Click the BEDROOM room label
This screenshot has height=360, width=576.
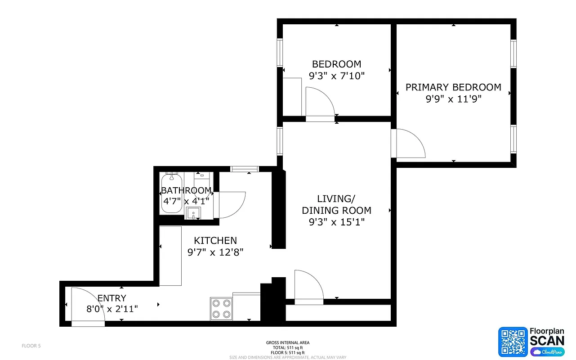coord(336,64)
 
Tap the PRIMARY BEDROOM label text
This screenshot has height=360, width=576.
coord(453,87)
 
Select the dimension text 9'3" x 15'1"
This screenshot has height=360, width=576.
coord(336,222)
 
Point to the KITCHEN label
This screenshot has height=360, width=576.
coord(215,241)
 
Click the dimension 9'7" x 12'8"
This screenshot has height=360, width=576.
coord(215,252)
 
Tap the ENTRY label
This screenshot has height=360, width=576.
coord(112,298)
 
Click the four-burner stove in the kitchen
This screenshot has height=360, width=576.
coord(221,309)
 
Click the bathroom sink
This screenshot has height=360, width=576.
coord(193,213)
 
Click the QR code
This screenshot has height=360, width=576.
coord(513,342)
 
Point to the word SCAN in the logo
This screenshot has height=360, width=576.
coord(547,340)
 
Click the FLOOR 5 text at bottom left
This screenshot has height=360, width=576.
coord(31,346)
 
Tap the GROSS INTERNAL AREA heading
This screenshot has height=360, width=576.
coord(288,343)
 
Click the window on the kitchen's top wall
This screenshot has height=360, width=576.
coord(245,169)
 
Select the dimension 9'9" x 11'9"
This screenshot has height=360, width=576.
coord(453,99)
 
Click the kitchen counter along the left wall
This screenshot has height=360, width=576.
coord(170,256)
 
